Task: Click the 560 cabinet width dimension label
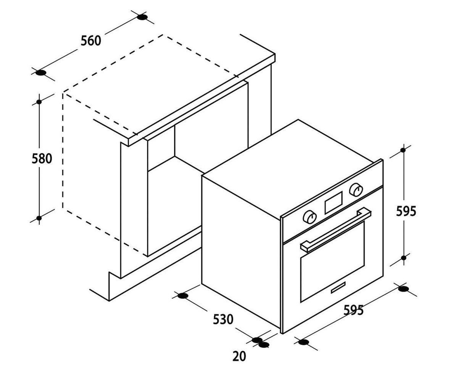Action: [x=91, y=40]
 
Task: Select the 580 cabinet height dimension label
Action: [x=42, y=159]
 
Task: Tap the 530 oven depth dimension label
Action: [x=223, y=319]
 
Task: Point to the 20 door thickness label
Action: [x=239, y=357]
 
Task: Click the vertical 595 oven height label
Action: [x=406, y=211]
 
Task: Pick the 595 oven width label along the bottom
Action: [x=353, y=310]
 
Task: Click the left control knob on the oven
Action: [x=310, y=217]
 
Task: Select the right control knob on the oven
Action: [x=356, y=190]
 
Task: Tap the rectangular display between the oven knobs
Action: [x=334, y=202]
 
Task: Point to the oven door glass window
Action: [x=332, y=261]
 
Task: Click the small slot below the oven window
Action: [x=338, y=287]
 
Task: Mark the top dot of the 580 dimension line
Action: [x=39, y=102]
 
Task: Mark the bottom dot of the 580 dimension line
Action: [x=39, y=218]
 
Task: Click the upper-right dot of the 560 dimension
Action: [x=142, y=17]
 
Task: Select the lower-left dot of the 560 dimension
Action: [x=41, y=73]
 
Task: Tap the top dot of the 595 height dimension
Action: [x=403, y=150]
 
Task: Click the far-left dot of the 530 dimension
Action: [x=183, y=296]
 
